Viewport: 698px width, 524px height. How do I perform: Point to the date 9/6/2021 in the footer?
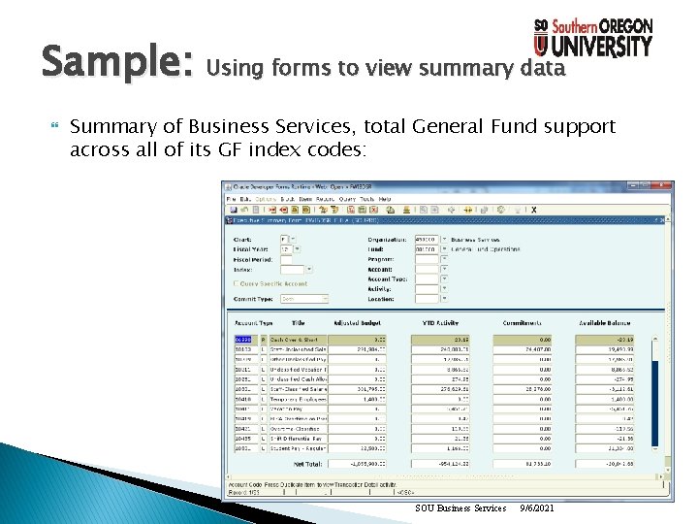click(x=536, y=508)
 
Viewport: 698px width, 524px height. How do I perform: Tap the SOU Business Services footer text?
click(x=460, y=508)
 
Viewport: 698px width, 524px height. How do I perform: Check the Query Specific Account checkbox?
click(x=236, y=283)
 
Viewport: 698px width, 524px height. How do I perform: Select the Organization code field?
click(x=427, y=239)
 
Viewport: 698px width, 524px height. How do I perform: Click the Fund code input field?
click(x=427, y=249)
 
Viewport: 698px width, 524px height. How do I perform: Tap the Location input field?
click(x=427, y=299)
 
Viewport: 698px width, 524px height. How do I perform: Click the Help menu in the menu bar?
click(x=385, y=199)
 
